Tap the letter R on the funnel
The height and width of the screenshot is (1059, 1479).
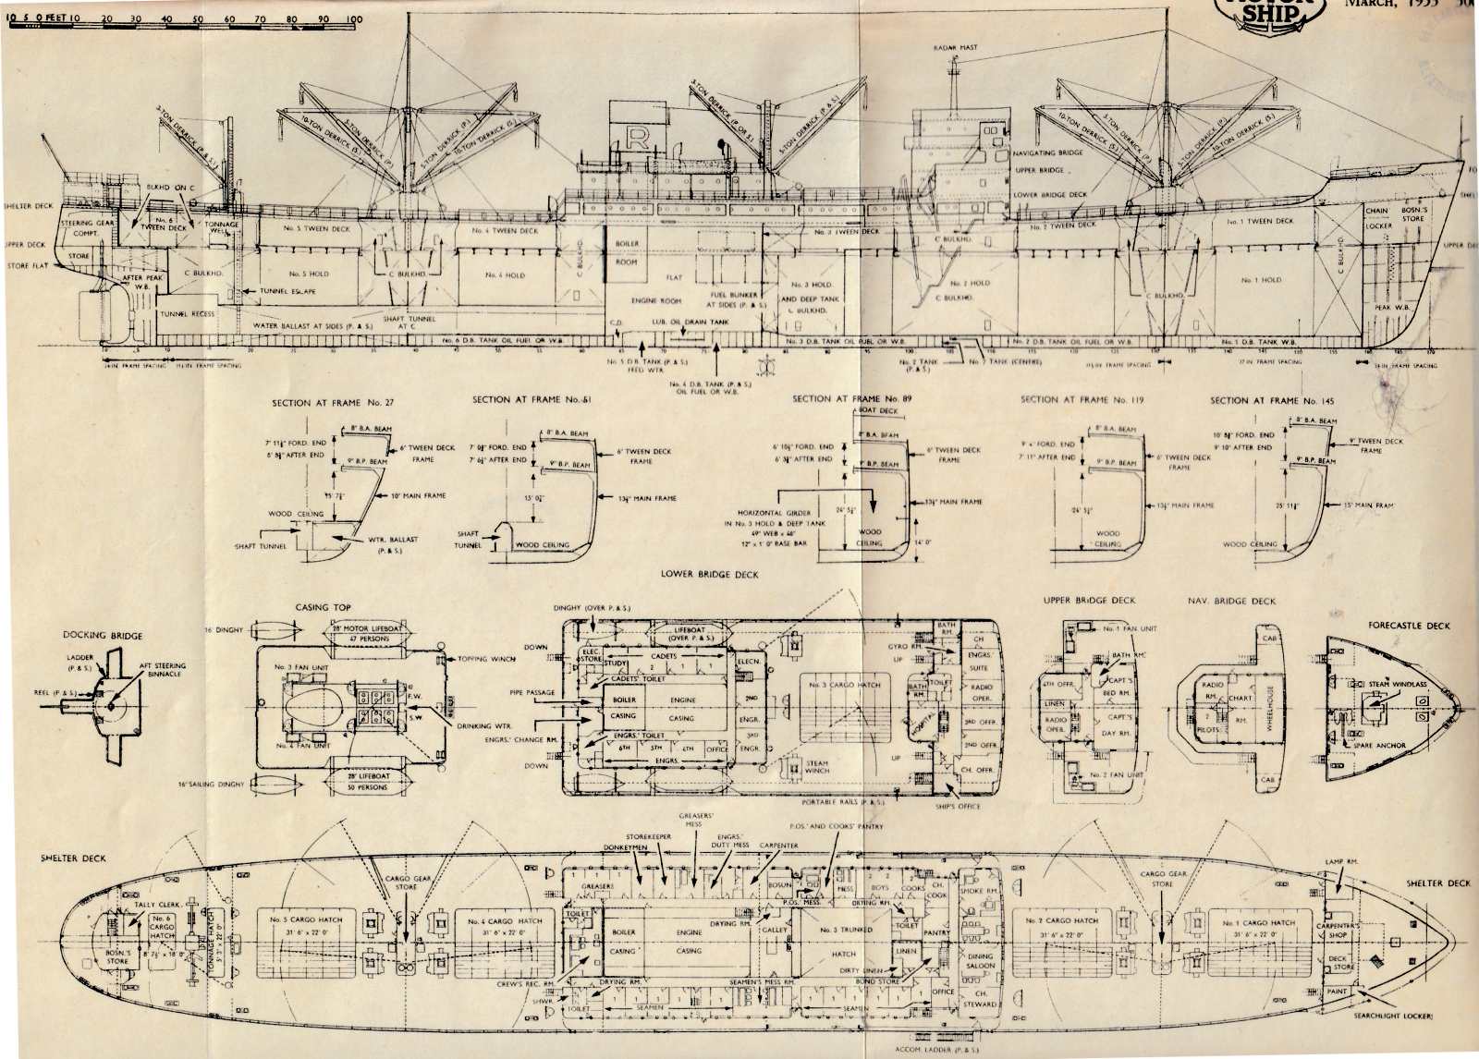tap(636, 139)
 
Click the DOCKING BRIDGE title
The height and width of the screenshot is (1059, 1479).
tap(103, 635)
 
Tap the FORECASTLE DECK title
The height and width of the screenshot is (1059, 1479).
tap(1409, 626)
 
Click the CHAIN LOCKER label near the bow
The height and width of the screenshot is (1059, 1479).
tap(1376, 218)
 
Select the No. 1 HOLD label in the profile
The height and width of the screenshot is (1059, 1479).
tap(1260, 280)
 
